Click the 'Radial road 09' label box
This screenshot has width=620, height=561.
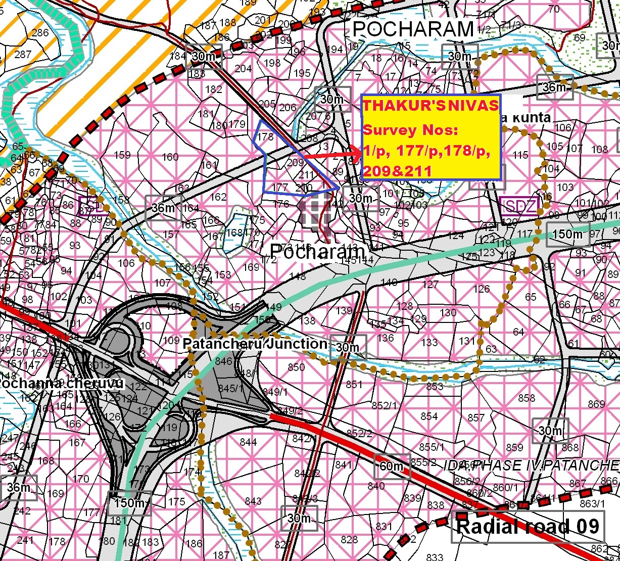528,527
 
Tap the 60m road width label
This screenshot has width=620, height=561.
391,465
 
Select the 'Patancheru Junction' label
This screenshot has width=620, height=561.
255,344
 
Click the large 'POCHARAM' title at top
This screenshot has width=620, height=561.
413,29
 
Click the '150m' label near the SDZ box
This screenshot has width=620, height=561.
567,235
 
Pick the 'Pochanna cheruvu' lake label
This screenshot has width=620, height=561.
61,384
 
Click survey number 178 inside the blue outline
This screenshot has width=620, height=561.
265,136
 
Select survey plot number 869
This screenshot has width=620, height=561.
596,404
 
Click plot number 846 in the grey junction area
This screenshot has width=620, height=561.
223,361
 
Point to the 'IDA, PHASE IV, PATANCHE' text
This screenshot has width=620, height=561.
531,464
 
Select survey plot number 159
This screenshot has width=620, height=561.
122,155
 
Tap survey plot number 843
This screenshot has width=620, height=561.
253,501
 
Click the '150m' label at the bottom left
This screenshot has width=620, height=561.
129,503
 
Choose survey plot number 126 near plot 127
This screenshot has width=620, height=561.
482,289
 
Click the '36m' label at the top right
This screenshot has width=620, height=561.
554,87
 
